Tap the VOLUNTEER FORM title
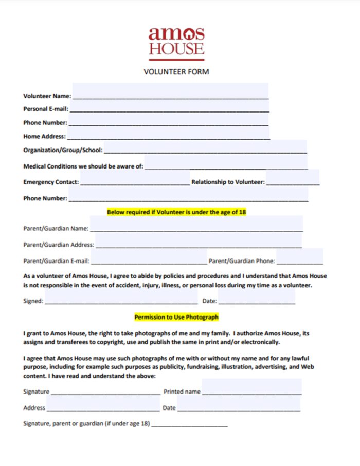[176, 72]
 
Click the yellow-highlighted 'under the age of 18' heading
[176, 212]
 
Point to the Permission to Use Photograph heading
[176, 317]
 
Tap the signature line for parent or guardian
[189, 424]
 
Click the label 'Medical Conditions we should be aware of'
[83, 166]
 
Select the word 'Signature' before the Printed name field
[36, 392]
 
